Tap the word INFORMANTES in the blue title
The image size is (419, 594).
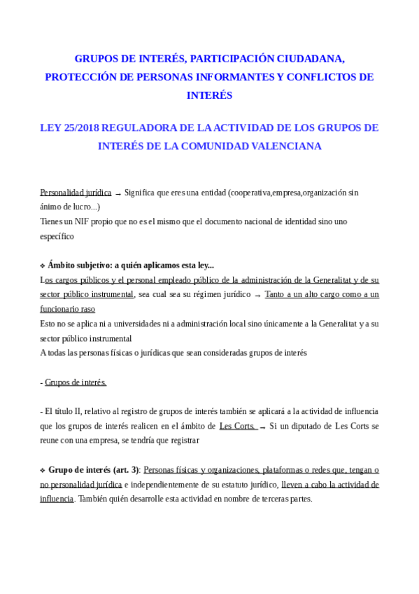[x=234, y=77]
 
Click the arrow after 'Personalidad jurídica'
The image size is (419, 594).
[x=118, y=193]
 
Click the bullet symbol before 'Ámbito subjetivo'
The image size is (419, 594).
[x=43, y=266]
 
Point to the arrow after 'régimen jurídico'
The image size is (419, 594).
[x=257, y=296]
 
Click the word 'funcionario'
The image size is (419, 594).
[x=59, y=309]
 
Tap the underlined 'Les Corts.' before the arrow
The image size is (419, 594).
[x=236, y=426]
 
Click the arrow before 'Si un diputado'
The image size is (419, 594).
[x=262, y=427]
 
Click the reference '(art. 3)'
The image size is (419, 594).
[x=125, y=469]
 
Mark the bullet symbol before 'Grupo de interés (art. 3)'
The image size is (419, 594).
[x=43, y=470]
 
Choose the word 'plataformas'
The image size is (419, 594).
[x=289, y=469]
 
